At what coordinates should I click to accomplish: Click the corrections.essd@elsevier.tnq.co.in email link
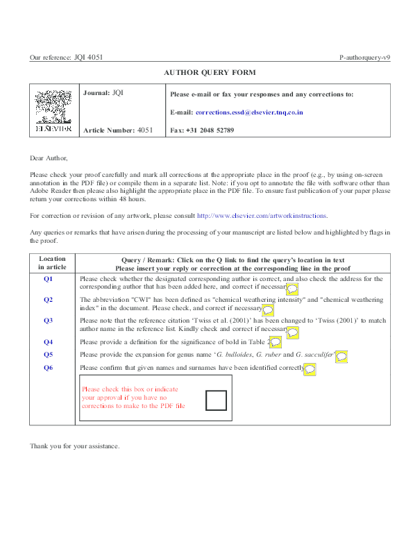pos(249,112)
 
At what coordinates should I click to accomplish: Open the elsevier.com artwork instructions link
pos(262,216)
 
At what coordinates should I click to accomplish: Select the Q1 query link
pos(48,279)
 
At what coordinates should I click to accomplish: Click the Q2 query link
pos(48,300)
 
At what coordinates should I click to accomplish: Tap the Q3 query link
pos(48,321)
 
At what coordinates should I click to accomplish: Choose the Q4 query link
pos(48,342)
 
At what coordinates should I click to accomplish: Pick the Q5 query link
pos(48,355)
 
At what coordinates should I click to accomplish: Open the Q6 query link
pos(48,368)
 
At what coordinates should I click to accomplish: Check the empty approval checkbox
pos(216,400)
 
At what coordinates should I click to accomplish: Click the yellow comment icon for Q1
pos(292,289)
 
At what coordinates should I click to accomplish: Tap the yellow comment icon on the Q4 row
pos(275,342)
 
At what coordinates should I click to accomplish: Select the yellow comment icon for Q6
pos(310,369)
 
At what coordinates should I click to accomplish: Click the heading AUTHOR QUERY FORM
pos(210,73)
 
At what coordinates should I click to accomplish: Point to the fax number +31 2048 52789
pos(210,130)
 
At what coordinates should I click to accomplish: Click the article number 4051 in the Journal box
pos(145,130)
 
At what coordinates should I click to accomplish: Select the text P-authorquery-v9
pos(365,58)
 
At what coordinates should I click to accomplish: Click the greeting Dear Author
pos(49,158)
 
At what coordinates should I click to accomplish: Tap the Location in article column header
pos(52,263)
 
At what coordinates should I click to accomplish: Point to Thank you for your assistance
pos(74,446)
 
